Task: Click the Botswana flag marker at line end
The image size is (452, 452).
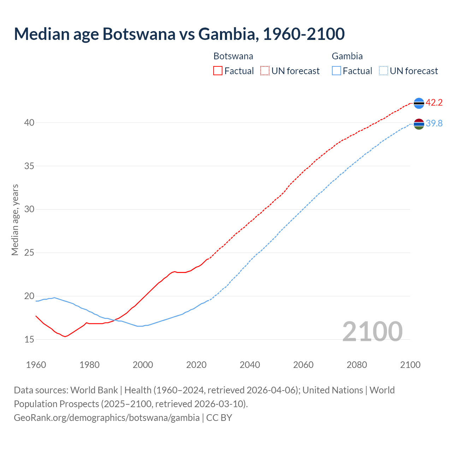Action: tap(419, 103)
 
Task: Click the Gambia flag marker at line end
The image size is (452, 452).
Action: tap(419, 124)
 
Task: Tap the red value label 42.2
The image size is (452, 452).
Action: tap(434, 103)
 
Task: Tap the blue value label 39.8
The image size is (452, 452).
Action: tap(434, 123)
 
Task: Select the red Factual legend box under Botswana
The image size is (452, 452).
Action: tap(218, 71)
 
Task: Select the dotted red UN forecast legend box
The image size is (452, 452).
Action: tap(265, 71)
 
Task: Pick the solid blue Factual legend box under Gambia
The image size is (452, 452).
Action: tap(337, 71)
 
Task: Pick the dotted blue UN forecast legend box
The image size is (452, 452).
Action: tap(383, 71)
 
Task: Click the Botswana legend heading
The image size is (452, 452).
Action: tap(233, 56)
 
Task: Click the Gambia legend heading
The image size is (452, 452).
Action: tap(347, 56)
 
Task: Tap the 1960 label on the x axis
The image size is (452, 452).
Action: tap(36, 365)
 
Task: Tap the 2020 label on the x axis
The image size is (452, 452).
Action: tap(196, 365)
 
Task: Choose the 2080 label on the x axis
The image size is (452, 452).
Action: tap(357, 365)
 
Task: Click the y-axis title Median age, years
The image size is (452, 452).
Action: tap(15, 220)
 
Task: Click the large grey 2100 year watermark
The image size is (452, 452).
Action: tap(372, 331)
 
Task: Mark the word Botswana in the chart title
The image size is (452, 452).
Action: tap(139, 34)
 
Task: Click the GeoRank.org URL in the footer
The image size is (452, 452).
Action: tap(107, 417)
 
